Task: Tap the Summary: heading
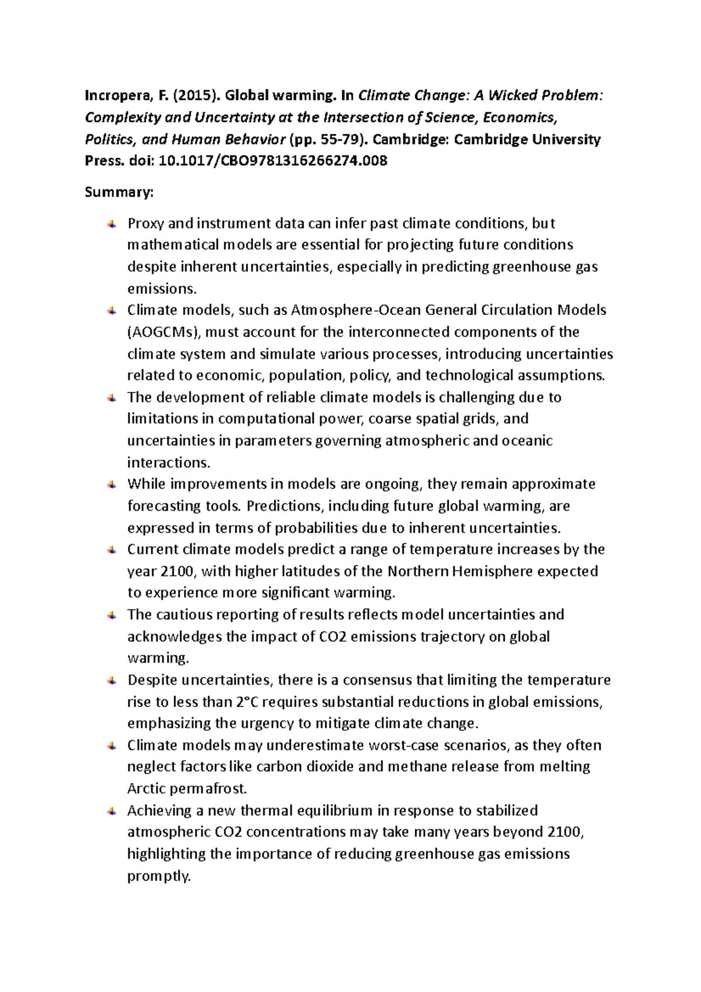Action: click(x=119, y=192)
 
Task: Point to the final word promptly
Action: click(x=159, y=876)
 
